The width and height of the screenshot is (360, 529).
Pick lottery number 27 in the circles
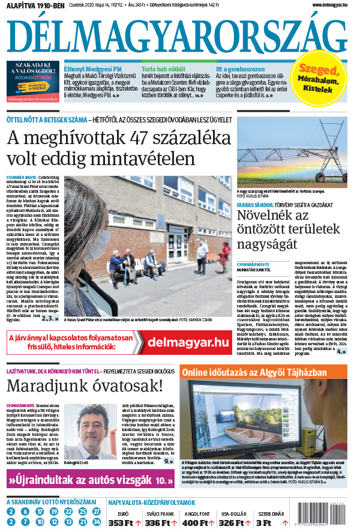click(97, 512)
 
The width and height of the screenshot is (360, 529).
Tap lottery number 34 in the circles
click(97, 522)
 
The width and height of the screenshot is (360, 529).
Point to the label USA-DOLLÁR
click(234, 515)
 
